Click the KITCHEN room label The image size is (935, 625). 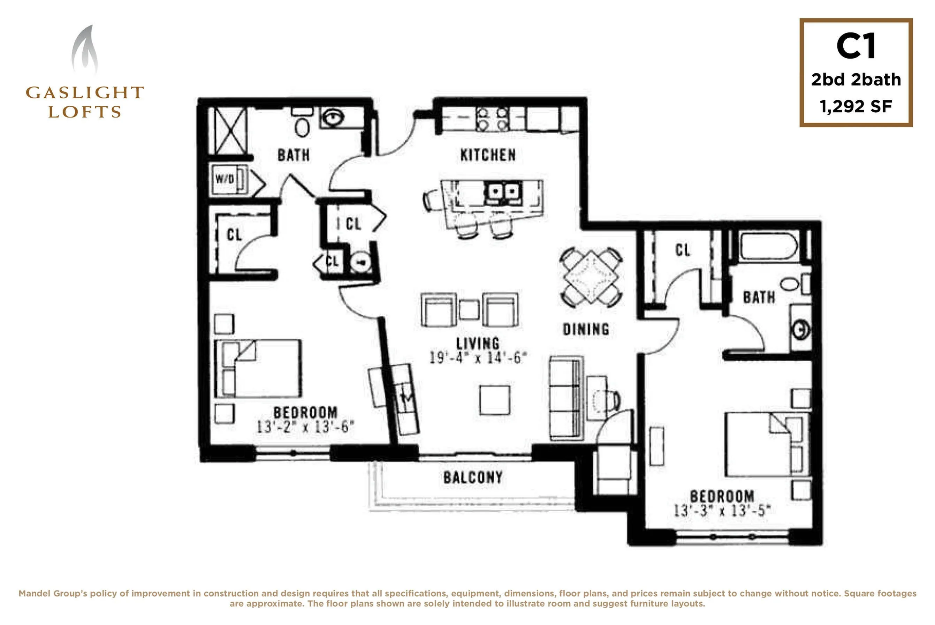click(488, 155)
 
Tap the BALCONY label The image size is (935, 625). click(473, 477)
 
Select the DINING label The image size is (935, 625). click(586, 329)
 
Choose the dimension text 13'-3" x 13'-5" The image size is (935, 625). click(722, 511)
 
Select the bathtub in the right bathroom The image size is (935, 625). click(768, 246)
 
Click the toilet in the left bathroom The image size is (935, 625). click(302, 123)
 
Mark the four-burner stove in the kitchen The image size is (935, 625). click(492, 118)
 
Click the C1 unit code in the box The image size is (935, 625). click(856, 46)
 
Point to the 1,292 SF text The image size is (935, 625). click(856, 106)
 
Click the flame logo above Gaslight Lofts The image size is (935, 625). click(84, 50)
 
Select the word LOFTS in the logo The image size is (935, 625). click(84, 112)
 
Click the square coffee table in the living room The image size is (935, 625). click(495, 400)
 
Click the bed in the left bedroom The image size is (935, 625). click(258, 368)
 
